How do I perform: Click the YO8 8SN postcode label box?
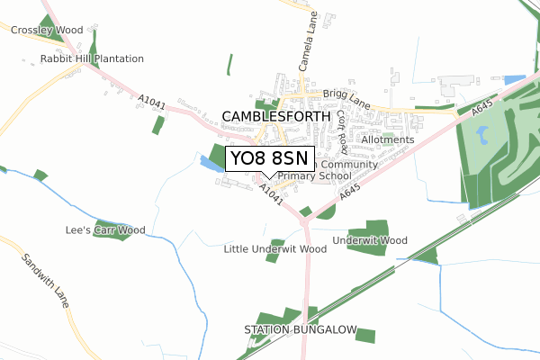269,159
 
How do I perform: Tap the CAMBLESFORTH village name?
275,117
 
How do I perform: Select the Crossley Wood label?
47,30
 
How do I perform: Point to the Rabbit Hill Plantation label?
92,58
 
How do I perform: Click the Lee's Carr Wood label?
105,230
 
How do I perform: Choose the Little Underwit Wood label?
274,248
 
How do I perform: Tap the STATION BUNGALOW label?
301,330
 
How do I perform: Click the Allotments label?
387,139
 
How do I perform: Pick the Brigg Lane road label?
347,94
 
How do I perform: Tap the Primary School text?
314,176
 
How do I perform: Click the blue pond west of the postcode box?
213,164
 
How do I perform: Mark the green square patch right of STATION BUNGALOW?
364,336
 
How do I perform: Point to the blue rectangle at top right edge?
514,80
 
